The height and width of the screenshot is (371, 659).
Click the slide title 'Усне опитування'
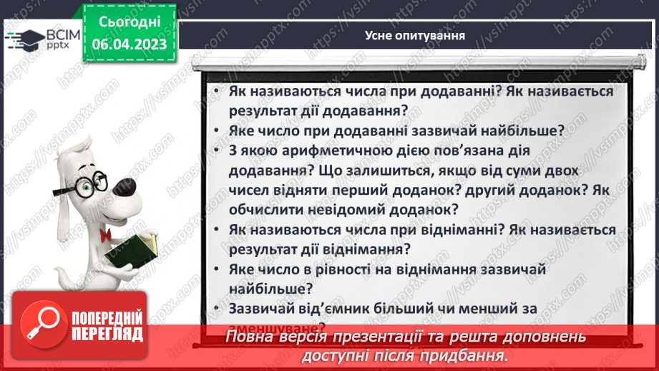(415, 34)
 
